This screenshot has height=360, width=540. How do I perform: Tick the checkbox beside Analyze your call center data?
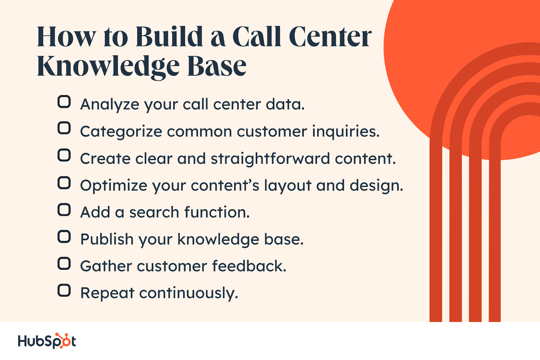tap(64, 102)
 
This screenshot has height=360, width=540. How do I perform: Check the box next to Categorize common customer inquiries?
tap(64, 128)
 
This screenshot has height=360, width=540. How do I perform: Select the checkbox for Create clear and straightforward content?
tap(64, 155)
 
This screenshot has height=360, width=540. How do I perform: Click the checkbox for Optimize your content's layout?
tap(64, 183)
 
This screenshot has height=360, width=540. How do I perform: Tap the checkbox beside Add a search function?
tap(64, 210)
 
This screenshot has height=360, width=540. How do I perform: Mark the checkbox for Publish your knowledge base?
tap(64, 237)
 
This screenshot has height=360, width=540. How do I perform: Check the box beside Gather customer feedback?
tap(64, 263)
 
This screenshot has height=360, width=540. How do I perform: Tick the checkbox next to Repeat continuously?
tap(64, 290)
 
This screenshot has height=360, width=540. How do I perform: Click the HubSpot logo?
tap(47, 341)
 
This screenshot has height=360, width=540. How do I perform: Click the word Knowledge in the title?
tap(108, 66)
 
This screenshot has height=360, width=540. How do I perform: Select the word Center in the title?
tap(330, 37)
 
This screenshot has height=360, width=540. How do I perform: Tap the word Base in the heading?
tap(217, 66)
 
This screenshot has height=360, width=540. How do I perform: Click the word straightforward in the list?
tap(270, 159)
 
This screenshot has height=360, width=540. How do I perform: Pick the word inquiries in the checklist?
tap(345, 132)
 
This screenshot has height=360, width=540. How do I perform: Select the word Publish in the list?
tap(107, 239)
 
